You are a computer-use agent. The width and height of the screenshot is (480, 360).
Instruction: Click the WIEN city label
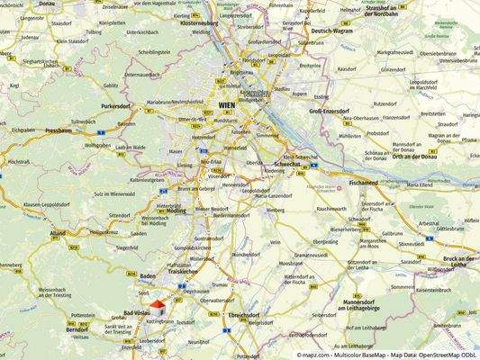tap(227, 105)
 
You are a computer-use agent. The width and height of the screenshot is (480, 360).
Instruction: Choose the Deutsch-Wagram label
tap(330, 31)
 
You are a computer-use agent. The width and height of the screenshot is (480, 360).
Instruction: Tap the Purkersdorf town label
tap(117, 105)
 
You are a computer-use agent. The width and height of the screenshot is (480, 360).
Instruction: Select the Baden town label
tap(148, 275)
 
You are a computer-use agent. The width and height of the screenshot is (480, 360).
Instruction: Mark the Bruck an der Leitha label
tap(457, 260)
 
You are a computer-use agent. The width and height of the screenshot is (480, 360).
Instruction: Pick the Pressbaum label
tap(58, 130)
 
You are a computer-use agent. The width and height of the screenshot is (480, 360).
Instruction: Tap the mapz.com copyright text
tap(387, 355)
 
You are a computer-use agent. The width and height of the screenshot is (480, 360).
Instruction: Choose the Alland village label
tap(59, 232)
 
